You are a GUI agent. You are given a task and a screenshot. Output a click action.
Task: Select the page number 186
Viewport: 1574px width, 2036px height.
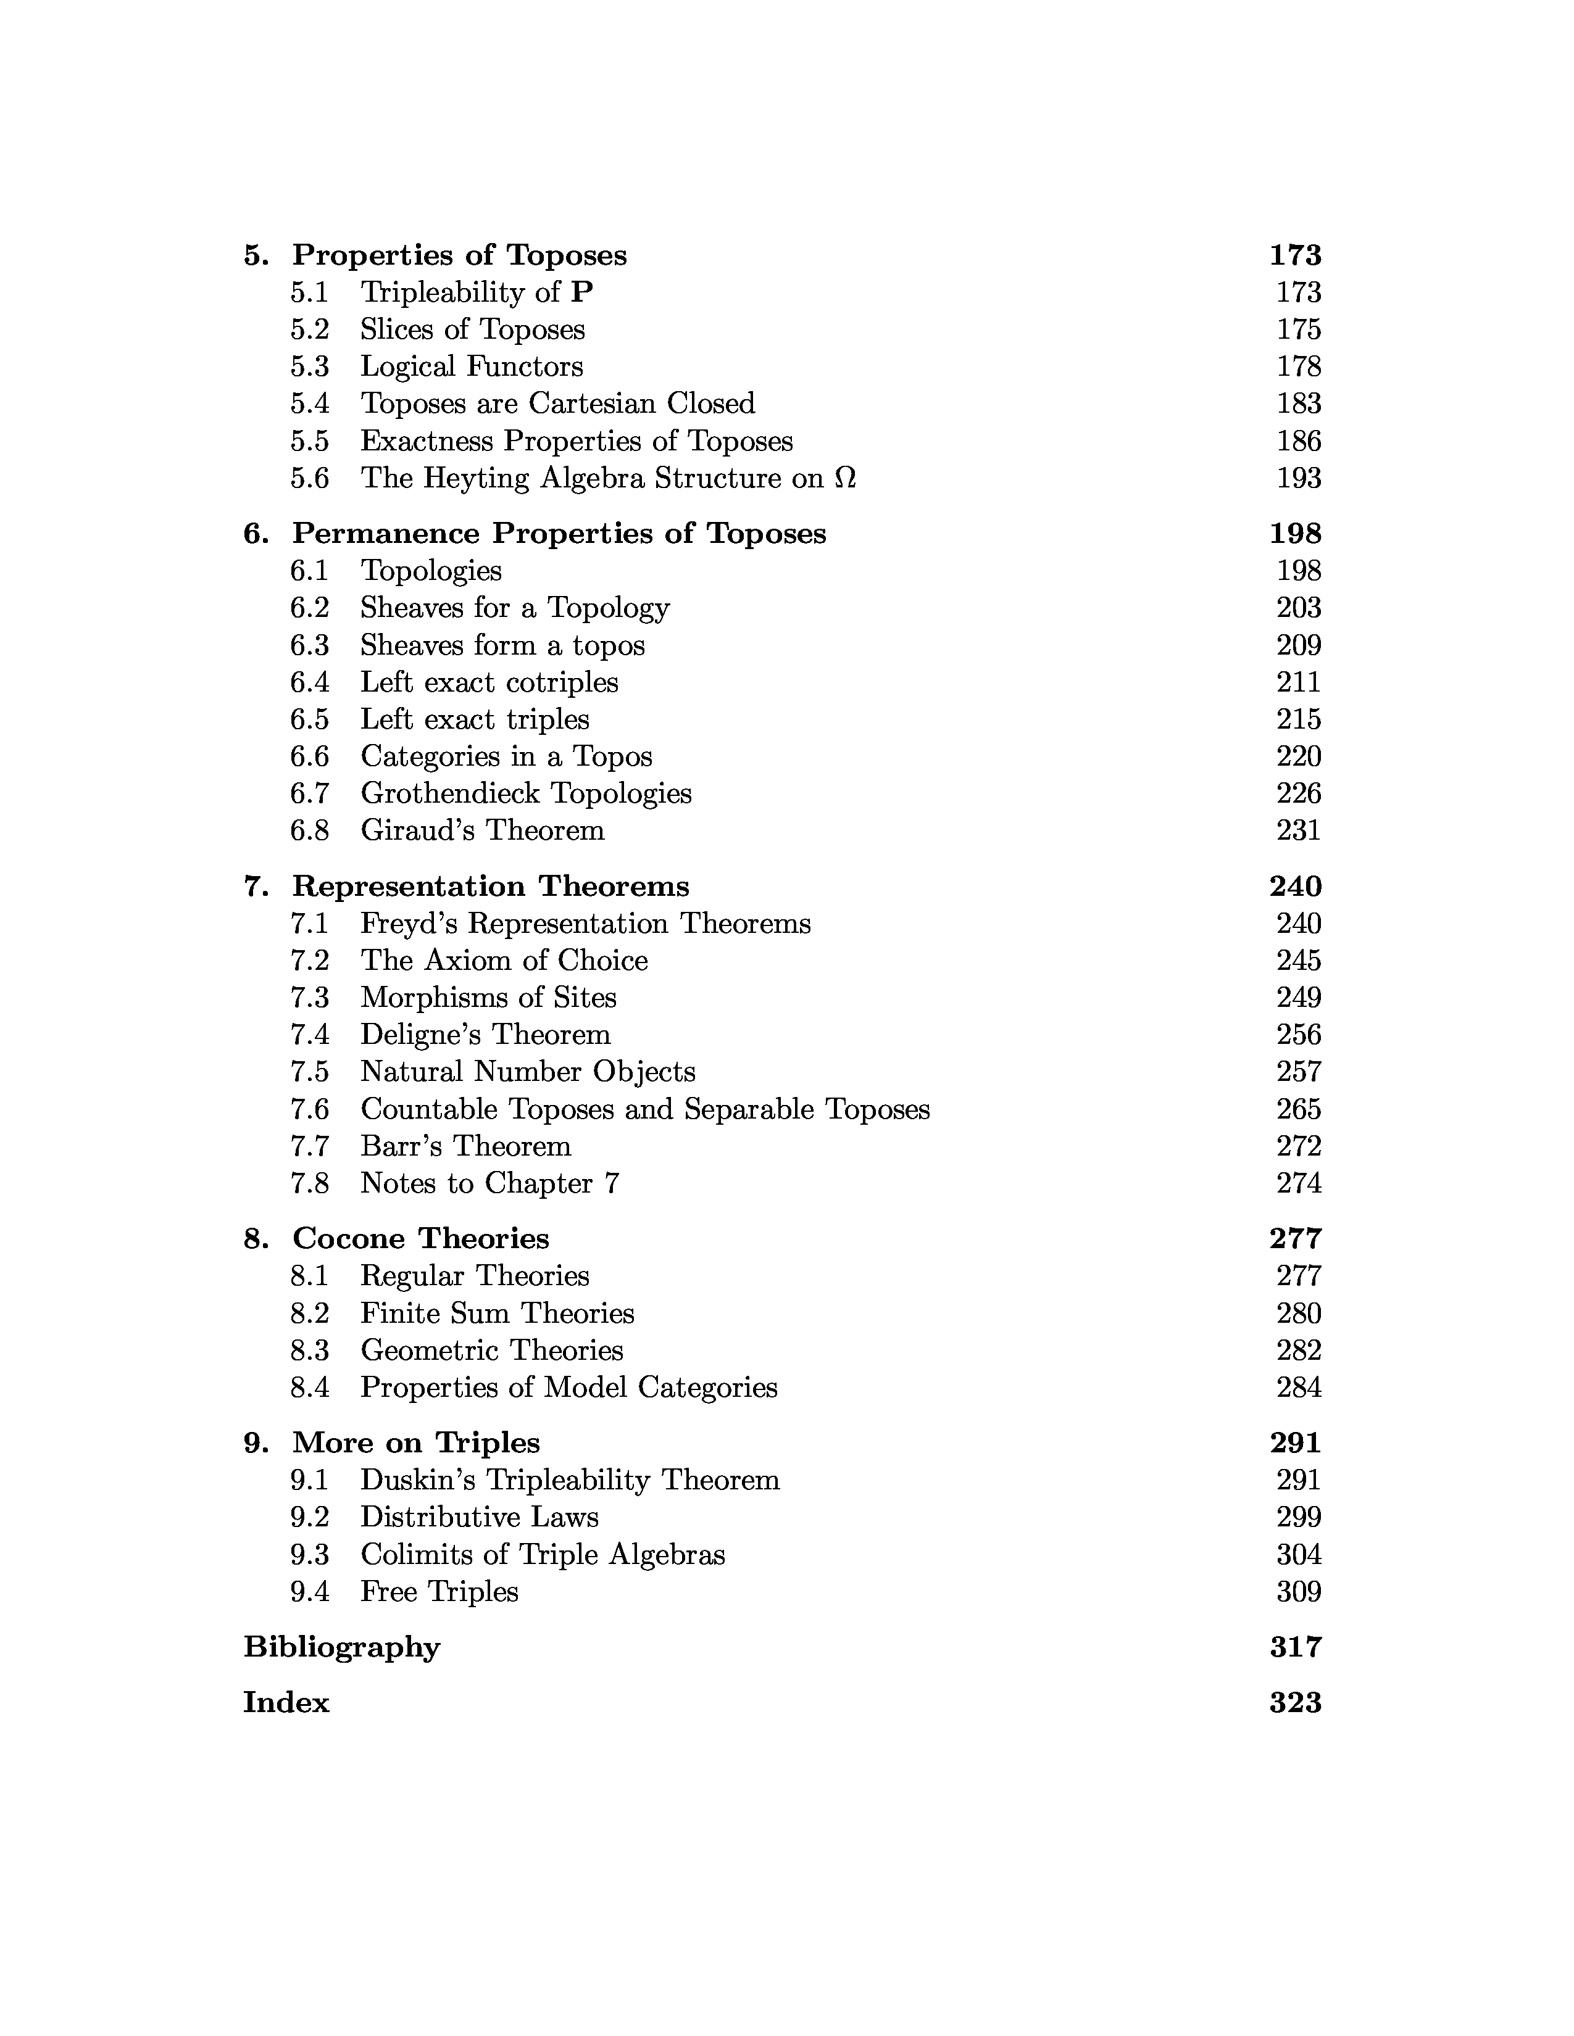click(1298, 441)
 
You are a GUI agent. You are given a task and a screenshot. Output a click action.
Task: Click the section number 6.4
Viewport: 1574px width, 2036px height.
click(310, 682)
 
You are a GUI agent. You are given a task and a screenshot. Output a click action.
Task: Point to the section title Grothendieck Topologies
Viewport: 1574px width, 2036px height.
click(526, 793)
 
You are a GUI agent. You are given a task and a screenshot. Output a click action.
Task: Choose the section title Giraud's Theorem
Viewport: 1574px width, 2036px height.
click(482, 830)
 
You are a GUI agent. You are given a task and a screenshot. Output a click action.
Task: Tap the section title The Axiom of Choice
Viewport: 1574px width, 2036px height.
click(504, 960)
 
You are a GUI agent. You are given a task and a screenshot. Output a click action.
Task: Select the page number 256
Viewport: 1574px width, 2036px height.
click(1298, 1035)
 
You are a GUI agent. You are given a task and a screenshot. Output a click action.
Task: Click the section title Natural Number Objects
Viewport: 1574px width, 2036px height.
click(528, 1072)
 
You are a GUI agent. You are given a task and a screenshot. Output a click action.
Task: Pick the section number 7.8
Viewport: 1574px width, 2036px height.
click(310, 1184)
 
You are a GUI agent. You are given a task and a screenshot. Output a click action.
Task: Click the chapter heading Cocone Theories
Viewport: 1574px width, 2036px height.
click(420, 1239)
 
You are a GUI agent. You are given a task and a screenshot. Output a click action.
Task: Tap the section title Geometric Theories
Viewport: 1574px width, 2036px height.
click(491, 1351)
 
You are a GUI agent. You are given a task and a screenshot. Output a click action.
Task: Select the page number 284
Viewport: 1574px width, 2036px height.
click(1298, 1388)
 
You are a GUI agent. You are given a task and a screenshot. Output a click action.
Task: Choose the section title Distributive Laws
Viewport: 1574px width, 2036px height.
click(479, 1518)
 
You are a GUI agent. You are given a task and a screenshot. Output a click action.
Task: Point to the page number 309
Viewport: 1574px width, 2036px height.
click(1298, 1592)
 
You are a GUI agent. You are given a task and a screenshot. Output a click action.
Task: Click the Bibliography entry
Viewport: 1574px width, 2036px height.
click(341, 1648)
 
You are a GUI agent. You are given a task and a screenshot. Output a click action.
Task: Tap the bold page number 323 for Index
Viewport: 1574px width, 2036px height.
click(1295, 1703)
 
